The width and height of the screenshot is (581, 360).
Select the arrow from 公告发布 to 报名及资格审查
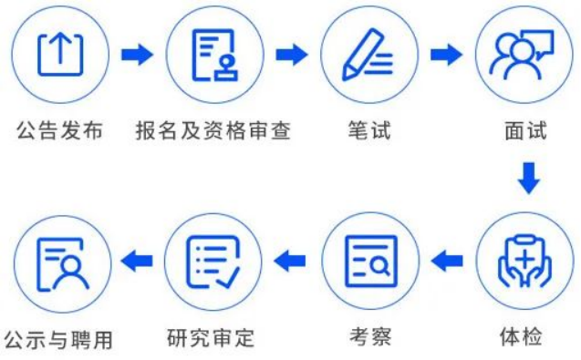point(137,55)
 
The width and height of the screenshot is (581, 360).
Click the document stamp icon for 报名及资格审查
point(213,55)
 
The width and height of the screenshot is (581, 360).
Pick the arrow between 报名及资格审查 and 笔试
point(292,55)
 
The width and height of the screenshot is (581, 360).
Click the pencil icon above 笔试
point(369,55)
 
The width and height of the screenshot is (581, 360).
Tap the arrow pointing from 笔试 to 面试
point(446,55)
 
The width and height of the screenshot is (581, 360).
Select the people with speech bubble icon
point(524,55)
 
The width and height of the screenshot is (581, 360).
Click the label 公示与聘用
point(59,340)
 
